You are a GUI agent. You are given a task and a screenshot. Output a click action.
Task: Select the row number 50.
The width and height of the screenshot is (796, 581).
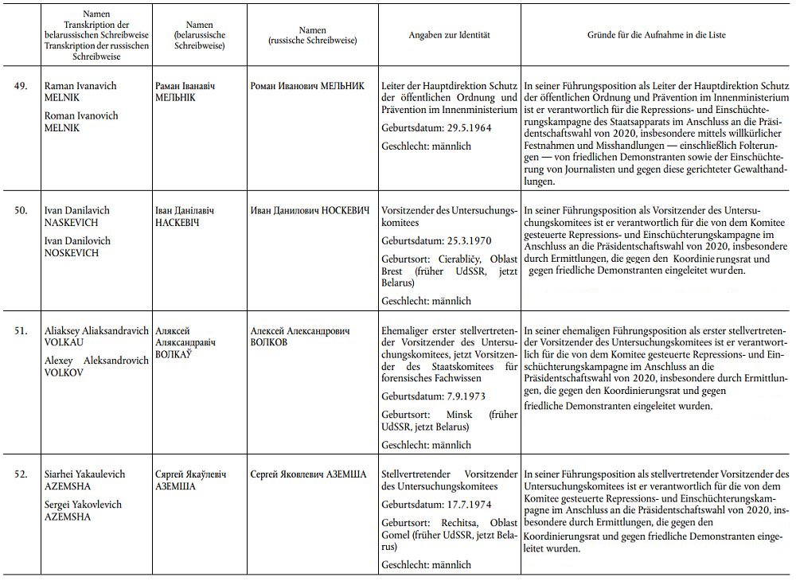point(21,210)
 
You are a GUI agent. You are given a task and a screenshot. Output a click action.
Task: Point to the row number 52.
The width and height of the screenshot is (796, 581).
point(21,474)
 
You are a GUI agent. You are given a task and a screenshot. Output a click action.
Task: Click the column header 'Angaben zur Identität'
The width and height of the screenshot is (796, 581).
point(449,36)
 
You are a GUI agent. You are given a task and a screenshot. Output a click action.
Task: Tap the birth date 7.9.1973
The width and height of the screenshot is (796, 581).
point(455,396)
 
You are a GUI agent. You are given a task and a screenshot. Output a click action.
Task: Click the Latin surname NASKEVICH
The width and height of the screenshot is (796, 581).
point(69,223)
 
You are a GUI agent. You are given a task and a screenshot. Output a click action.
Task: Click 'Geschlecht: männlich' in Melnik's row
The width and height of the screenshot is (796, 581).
point(427,146)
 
